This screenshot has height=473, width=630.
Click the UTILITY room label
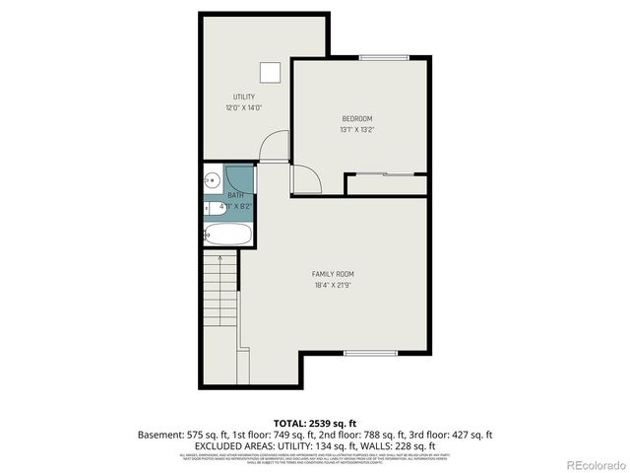(x=244, y=97)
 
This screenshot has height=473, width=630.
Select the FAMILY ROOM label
(x=333, y=274)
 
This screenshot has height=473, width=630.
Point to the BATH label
(x=236, y=195)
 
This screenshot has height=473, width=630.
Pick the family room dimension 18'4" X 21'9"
(x=333, y=286)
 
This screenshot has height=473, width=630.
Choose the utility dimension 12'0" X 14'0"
(x=244, y=107)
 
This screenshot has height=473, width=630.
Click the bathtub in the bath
(x=228, y=235)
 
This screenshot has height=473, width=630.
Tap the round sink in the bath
(x=212, y=180)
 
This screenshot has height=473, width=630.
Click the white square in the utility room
(x=269, y=73)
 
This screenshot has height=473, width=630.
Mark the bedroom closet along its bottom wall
(x=386, y=184)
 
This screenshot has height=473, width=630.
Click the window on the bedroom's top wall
(x=384, y=58)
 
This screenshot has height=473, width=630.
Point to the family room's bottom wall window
(x=370, y=353)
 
